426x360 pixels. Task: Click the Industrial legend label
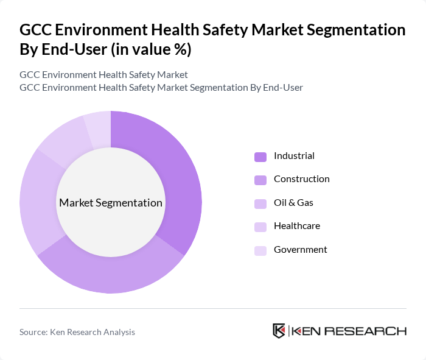294,156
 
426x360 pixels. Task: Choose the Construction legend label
301,179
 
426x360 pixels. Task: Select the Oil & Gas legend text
293,203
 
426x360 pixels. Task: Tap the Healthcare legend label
296,226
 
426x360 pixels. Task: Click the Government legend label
300,250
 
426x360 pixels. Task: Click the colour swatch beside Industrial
260,157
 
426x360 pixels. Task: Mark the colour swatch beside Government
260,250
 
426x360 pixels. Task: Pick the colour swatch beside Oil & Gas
260,203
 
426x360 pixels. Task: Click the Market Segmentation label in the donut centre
111,203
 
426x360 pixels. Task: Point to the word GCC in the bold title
38,30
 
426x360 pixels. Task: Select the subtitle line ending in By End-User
161,88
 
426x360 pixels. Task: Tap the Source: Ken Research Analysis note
77,332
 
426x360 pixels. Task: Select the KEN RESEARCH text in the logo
349,331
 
